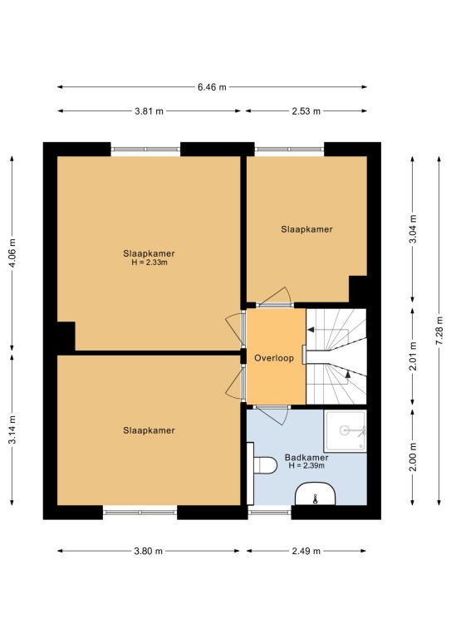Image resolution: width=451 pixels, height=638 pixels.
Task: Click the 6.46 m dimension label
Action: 212,87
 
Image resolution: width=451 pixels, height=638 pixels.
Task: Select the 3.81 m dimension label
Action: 149,111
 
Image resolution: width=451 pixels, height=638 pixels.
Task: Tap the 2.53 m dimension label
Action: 306,111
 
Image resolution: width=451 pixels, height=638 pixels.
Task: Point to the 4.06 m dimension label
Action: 12,253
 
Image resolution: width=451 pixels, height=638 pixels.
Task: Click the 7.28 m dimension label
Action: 439,331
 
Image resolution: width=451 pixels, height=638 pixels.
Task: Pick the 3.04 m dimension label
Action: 413,228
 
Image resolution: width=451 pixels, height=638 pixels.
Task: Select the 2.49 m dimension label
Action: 306,551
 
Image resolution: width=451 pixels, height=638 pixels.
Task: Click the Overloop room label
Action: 274,358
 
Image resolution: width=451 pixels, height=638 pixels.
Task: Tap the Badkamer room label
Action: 306,458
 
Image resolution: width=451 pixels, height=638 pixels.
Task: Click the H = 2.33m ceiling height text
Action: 150,263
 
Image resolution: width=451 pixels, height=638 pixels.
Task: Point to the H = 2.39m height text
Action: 306,466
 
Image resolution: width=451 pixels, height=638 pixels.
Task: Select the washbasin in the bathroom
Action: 315,494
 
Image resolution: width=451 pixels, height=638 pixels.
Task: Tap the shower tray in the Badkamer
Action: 346,430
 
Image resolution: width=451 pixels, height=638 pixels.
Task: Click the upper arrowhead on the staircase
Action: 311,330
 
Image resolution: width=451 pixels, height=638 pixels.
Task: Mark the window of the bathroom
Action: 270,513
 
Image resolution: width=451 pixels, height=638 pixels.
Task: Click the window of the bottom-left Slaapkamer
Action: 140,513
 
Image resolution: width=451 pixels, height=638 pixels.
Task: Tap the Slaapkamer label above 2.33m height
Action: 149,253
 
